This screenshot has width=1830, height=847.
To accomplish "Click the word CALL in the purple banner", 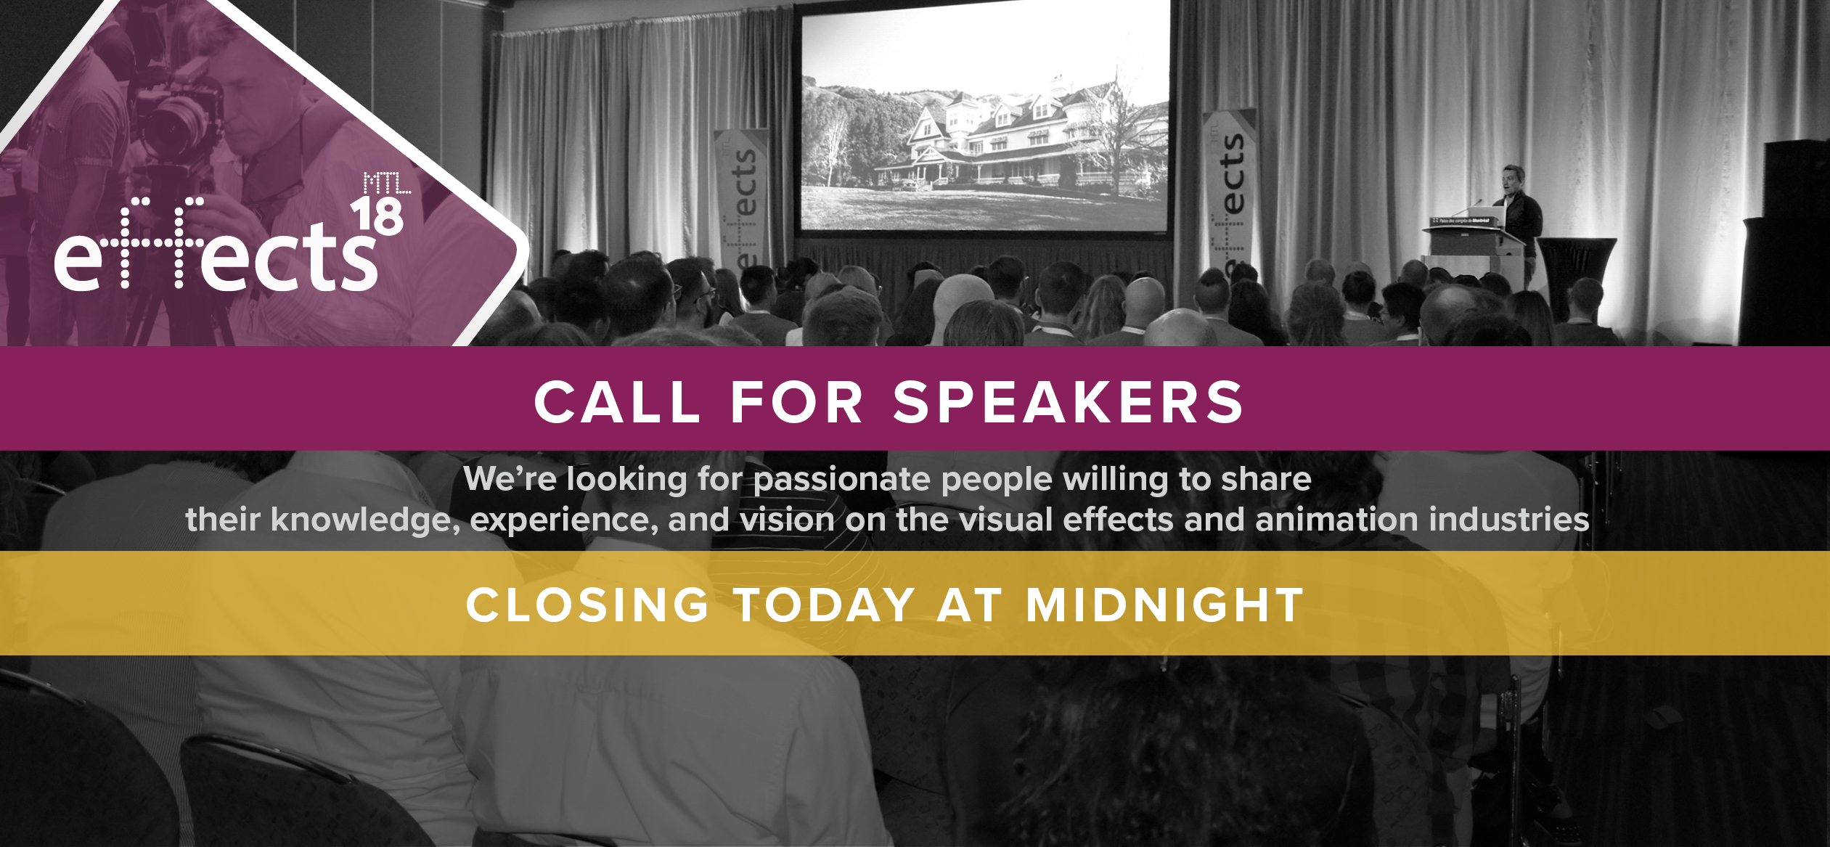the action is click(x=617, y=402).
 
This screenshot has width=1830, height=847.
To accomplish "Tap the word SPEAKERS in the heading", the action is click(x=1069, y=402).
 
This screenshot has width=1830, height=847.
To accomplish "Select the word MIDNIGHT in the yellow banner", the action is click(x=1164, y=605).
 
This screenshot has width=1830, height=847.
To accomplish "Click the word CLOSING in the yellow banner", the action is click(x=587, y=605).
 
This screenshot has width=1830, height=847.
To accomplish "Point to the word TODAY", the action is click(x=824, y=605).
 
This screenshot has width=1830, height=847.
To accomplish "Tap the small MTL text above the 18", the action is click(x=387, y=183).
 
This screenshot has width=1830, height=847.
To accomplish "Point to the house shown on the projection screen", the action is click(x=1016, y=142).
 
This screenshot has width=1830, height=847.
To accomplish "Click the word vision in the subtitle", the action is click(x=788, y=520).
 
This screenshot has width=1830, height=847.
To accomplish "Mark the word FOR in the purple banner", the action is click(x=796, y=402).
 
